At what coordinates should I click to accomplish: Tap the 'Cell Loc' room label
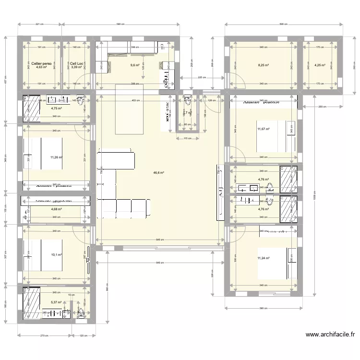pos(77,63)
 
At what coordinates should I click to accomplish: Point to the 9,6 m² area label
pos(134,65)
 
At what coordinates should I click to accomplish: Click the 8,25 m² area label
pos(263,65)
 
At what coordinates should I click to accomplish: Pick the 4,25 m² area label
pos(319,65)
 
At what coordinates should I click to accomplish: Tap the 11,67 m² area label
pos(263,129)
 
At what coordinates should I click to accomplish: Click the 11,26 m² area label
pos(56,156)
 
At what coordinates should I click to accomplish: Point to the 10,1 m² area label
pos(56,255)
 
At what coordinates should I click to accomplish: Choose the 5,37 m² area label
pos(56,303)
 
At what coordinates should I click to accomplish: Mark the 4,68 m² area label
pos(56,209)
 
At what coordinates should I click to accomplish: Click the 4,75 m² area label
pos(56,108)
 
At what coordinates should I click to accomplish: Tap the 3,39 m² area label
pos(76,67)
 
